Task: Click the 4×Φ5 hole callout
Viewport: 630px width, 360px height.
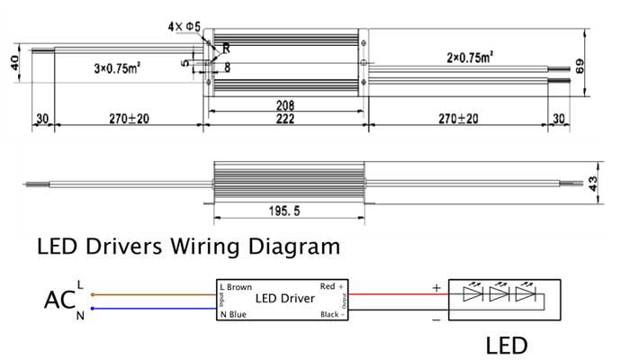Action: click(184, 28)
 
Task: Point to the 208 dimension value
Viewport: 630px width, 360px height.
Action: click(285, 104)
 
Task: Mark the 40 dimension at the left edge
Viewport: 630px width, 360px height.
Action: click(13, 65)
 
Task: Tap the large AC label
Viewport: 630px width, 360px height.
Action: click(58, 300)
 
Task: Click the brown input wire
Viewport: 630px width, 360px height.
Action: click(153, 293)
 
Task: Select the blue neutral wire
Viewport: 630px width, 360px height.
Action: click(153, 308)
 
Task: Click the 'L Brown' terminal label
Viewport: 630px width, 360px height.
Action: click(237, 287)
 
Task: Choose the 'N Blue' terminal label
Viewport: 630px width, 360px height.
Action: click(233, 314)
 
